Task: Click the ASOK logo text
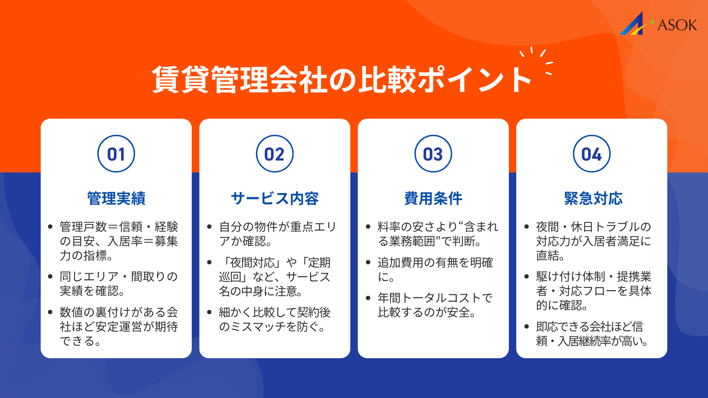[x=677, y=25]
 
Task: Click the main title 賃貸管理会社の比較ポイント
[x=341, y=80]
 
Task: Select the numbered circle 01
[x=116, y=154]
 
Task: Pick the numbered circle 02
[x=275, y=154]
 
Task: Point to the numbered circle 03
[x=433, y=154]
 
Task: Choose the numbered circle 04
[x=591, y=154]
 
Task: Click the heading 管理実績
[x=116, y=199]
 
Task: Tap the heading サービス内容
[x=275, y=199]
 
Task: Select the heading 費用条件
[x=433, y=199]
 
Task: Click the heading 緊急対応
[x=593, y=199]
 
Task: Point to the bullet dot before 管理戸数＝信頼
[x=51, y=227]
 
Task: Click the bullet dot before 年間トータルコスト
[x=368, y=298]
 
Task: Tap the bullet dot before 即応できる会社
[x=527, y=327]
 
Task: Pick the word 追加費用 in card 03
[x=400, y=263]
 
